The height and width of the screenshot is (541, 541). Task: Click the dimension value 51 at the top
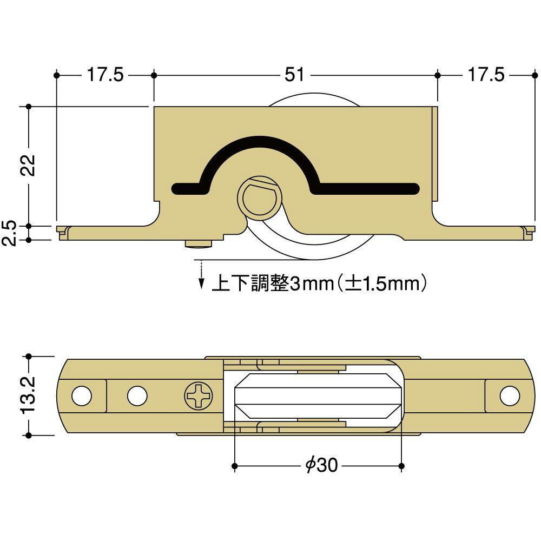coord(295,75)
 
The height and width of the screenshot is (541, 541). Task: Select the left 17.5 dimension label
coord(105,75)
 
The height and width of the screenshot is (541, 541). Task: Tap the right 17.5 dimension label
coord(485,75)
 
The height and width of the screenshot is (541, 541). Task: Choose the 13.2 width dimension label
coord(28,395)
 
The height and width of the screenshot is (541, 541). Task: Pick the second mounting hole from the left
coord(137,396)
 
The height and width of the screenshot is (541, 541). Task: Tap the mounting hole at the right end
coord(509,396)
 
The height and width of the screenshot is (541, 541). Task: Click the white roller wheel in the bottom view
coord(319,396)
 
